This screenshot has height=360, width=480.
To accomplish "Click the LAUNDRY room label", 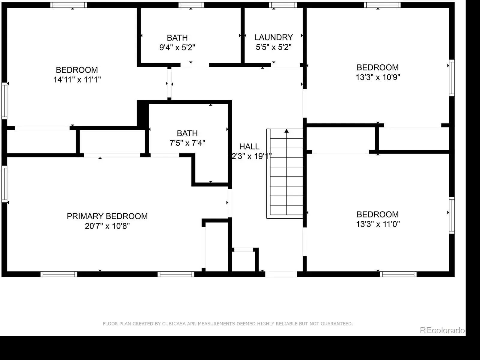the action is pos(273,37).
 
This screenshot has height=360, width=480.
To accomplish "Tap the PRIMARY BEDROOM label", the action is pos(107,216).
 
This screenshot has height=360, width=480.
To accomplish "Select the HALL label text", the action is pos(249,146).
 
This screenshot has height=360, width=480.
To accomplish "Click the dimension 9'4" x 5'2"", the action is pos(177,47).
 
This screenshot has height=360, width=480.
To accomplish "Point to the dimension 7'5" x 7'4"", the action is pos(187,143).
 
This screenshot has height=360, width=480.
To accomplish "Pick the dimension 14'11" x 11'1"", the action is pos(77,79).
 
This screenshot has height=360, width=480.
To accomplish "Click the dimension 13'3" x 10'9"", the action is pos(378,77).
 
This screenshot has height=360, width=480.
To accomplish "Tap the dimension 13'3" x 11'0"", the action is pos(378,224).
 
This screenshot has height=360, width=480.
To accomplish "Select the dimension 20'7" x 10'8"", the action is pos(107,226).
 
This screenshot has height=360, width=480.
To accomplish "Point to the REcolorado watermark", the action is pos(442,330).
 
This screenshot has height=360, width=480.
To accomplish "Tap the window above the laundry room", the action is pos(283,5).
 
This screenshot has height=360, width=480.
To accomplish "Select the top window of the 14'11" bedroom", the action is pos(69,5).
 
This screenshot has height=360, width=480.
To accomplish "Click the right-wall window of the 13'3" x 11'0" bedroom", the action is pos(452,215).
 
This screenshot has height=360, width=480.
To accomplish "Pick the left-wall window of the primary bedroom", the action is pos(4,184).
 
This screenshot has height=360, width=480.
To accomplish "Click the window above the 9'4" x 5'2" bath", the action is pos(191,5).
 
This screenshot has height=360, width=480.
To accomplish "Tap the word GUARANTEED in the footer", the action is pos(337,324).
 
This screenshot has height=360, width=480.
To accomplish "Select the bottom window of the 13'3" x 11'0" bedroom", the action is pos(398,274).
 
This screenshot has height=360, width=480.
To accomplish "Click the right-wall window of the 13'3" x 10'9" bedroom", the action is pos(452,78).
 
